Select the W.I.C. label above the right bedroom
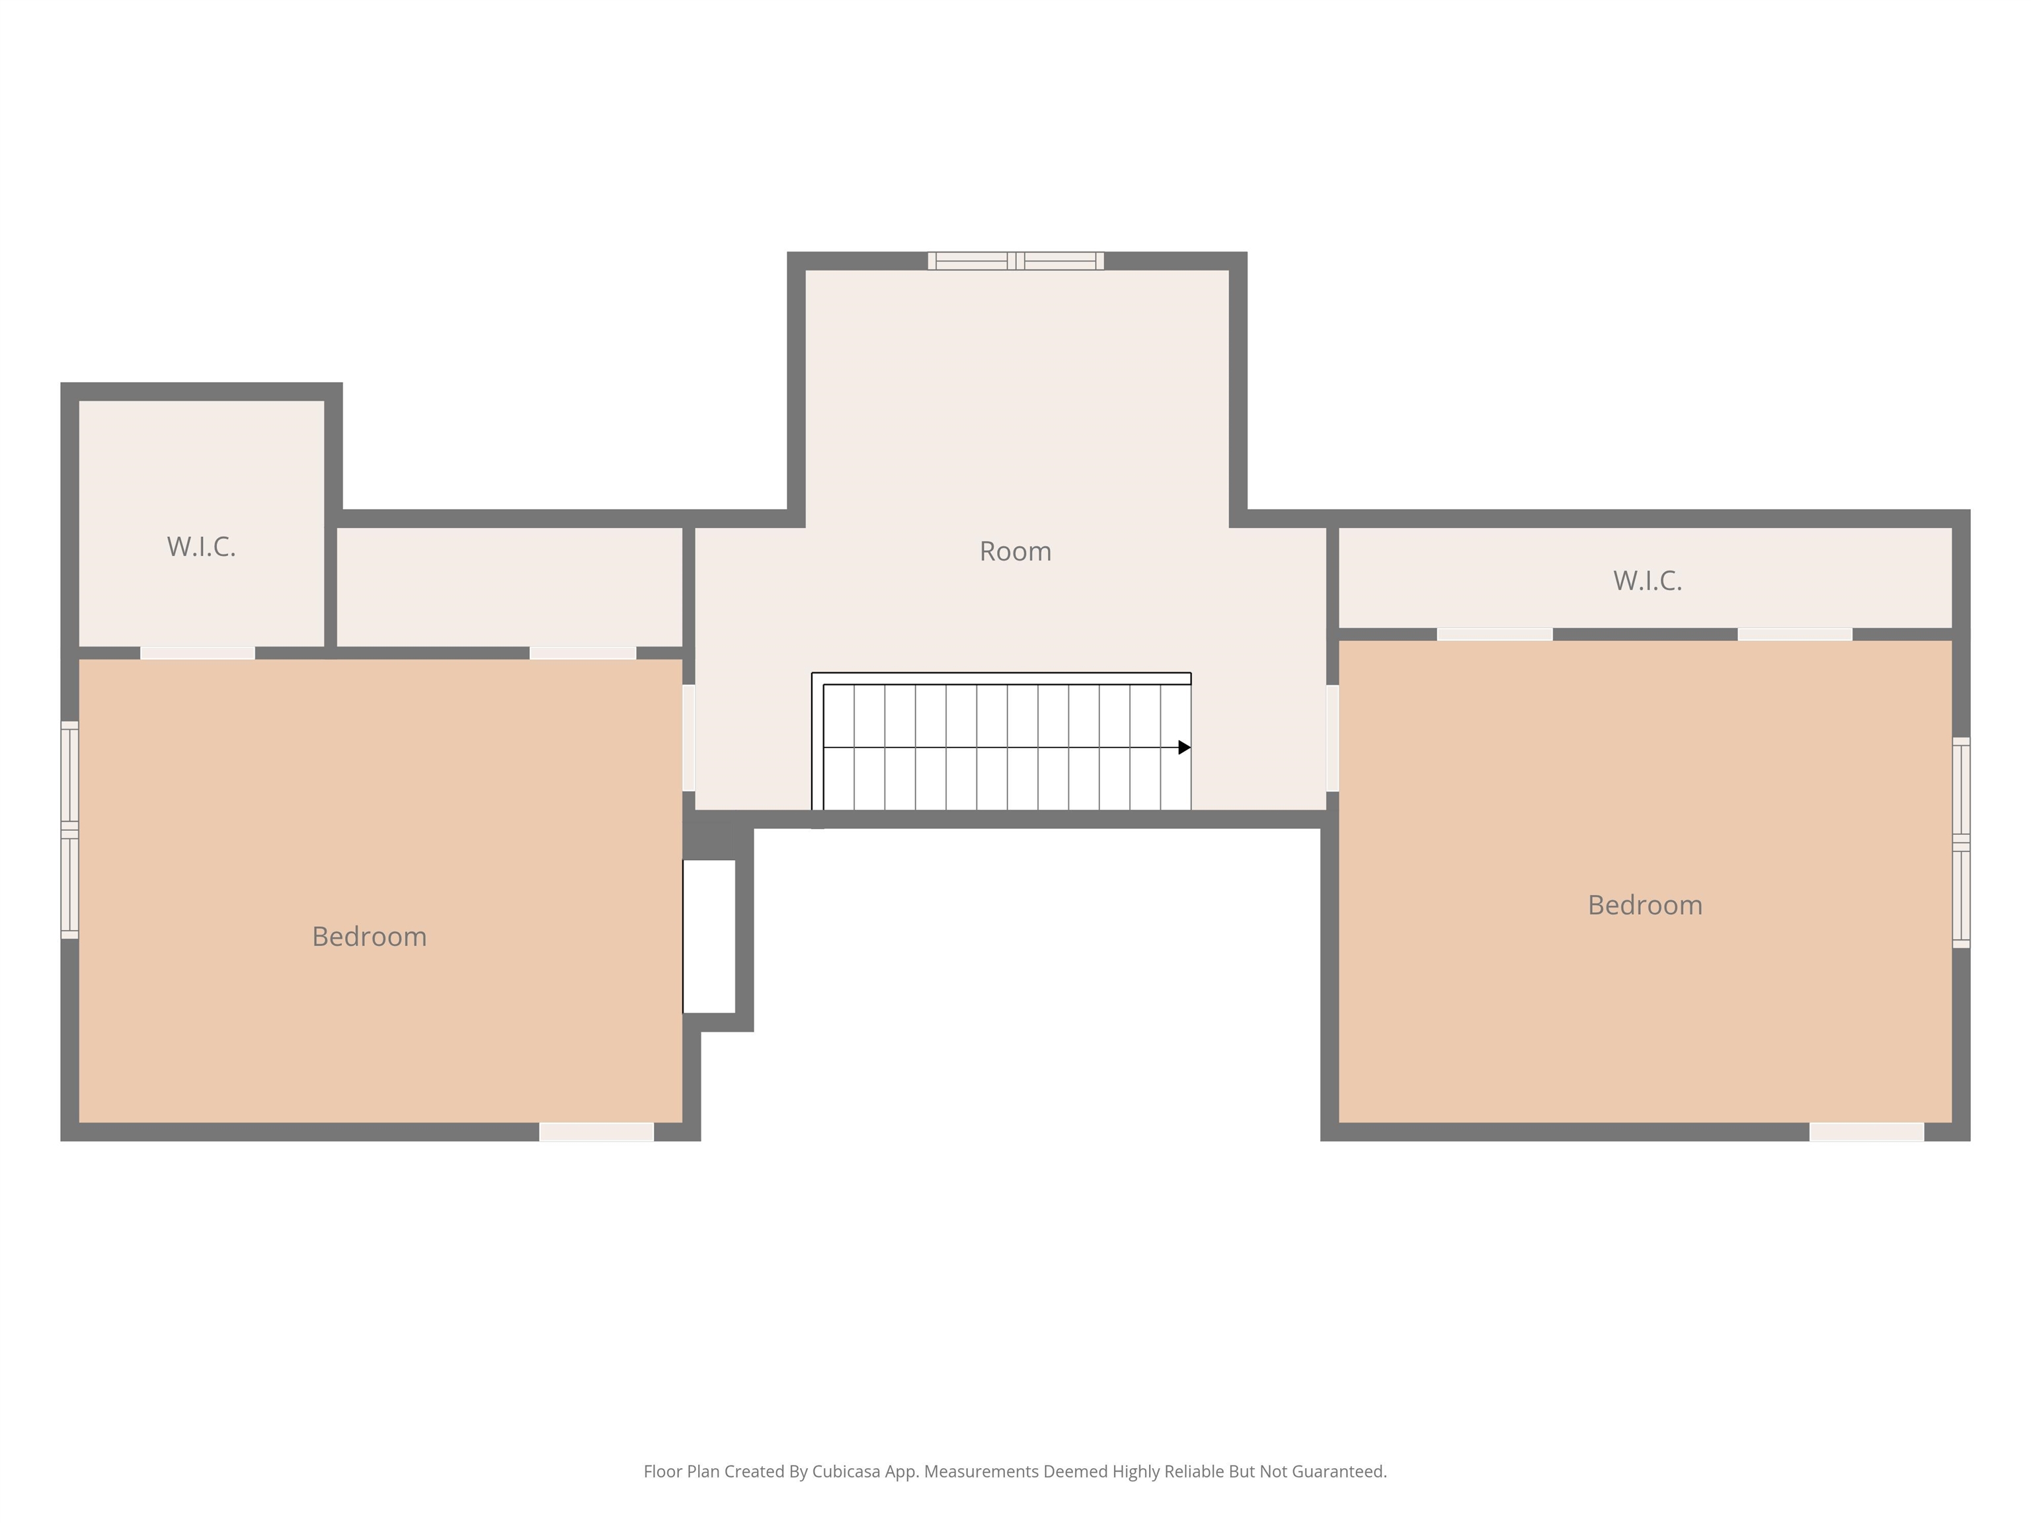point(1647,580)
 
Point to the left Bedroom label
point(369,937)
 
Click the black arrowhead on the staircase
point(1185,747)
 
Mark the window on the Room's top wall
point(1015,260)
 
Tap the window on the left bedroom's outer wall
point(70,830)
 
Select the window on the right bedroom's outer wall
point(1961,842)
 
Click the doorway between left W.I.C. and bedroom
point(198,652)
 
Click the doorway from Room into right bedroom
point(1332,738)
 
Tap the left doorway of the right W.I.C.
point(1495,635)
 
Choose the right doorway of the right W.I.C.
point(1795,635)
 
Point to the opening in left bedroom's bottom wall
point(597,1132)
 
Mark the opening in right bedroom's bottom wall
point(1866,1132)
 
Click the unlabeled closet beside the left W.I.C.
point(510,588)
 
